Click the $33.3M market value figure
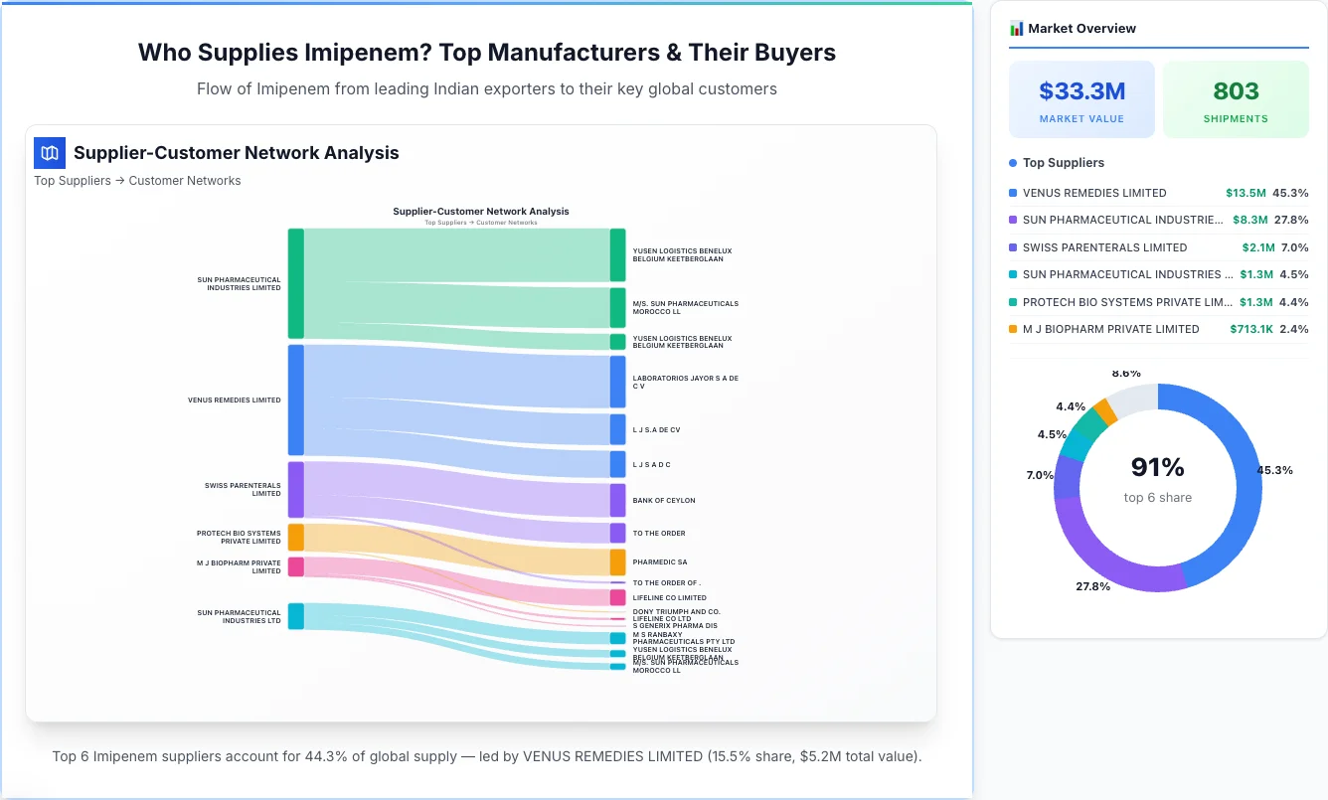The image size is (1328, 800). (x=1081, y=91)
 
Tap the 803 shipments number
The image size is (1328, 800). (x=1236, y=91)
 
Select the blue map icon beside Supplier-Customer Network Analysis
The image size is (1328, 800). (x=50, y=153)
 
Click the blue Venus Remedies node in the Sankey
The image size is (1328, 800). (x=295, y=400)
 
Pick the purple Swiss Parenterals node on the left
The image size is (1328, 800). (x=295, y=489)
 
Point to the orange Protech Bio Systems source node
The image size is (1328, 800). (x=295, y=537)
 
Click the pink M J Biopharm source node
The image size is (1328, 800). (x=295, y=566)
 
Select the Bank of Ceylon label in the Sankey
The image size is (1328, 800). (x=664, y=501)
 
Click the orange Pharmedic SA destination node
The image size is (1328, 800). (x=617, y=561)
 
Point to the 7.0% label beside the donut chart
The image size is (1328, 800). (x=1040, y=475)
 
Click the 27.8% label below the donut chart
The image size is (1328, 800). (x=1092, y=586)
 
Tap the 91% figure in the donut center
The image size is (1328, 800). (x=1157, y=467)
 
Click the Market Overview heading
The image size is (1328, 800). (x=1081, y=28)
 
